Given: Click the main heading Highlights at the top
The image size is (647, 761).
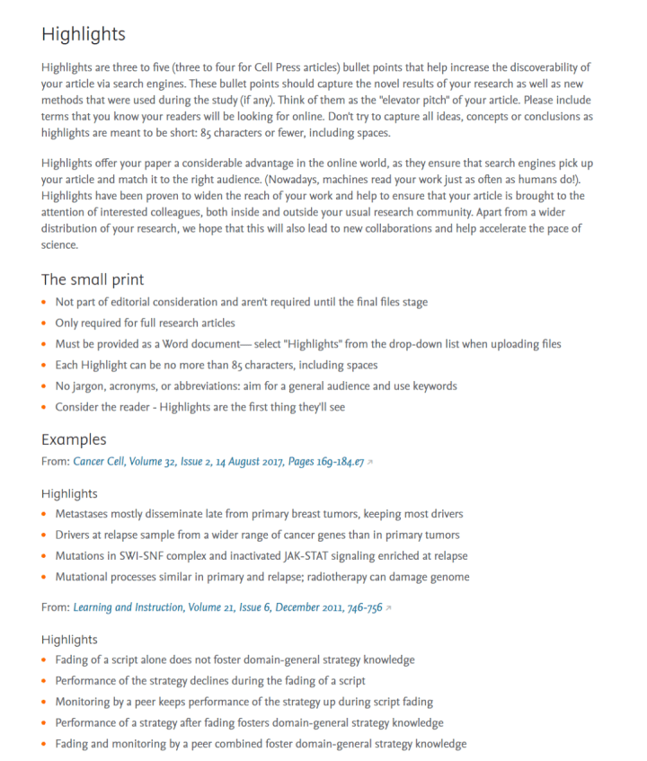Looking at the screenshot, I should click(84, 34).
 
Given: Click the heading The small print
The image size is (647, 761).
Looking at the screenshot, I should click(93, 279).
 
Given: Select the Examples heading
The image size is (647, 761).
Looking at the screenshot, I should click(74, 439).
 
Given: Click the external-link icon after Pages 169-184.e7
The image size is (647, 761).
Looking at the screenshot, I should click(370, 462).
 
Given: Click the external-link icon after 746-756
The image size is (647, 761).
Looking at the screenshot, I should click(389, 608).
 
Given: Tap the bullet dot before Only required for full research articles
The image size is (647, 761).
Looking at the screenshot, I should click(45, 323).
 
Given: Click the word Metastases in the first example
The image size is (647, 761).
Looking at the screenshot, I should click(84, 513).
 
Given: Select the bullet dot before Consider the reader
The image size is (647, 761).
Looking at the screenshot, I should click(45, 407).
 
